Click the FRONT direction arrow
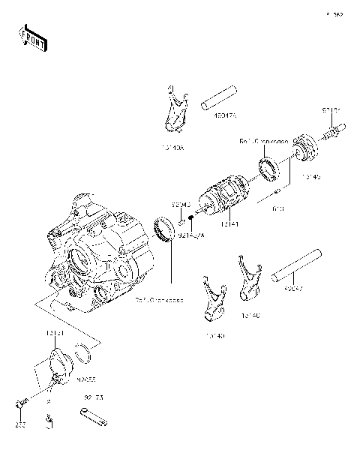click(31, 38)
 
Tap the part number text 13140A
click(172, 148)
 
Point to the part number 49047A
click(224, 116)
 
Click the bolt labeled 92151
click(330, 136)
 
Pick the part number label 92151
click(332, 110)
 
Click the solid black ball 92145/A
click(193, 218)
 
